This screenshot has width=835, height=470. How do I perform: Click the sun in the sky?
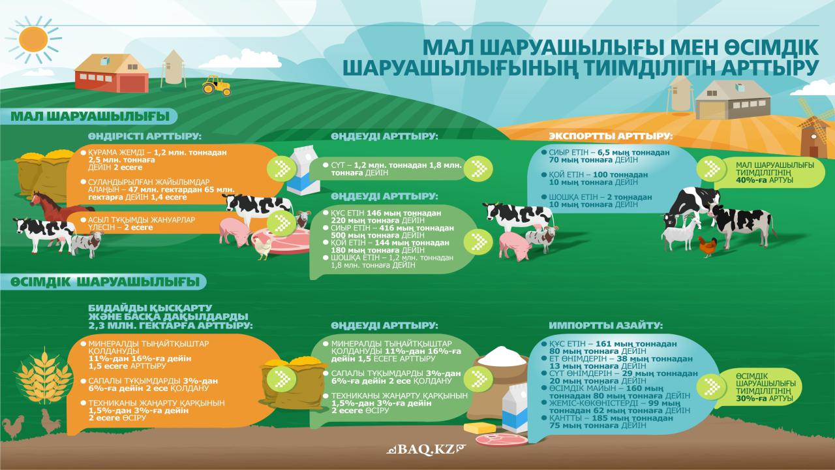point(33,40)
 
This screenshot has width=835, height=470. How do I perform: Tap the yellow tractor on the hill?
point(217,86)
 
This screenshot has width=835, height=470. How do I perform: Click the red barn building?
point(112,73)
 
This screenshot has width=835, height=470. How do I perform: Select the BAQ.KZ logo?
point(427,449)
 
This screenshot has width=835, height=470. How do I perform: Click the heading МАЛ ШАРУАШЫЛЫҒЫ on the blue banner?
point(90,116)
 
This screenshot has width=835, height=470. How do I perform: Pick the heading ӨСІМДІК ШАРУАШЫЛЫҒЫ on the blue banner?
point(105,282)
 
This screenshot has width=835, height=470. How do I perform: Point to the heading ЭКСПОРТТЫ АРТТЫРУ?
point(611,136)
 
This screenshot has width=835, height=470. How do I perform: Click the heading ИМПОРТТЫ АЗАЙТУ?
point(606,325)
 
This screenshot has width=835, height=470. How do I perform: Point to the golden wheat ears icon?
point(44,377)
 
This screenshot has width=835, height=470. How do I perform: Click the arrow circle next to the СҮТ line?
point(479,168)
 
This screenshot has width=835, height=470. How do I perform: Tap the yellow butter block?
point(479,428)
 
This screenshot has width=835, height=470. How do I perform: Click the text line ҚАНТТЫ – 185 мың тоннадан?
point(611,418)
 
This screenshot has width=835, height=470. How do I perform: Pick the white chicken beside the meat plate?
point(263,247)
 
